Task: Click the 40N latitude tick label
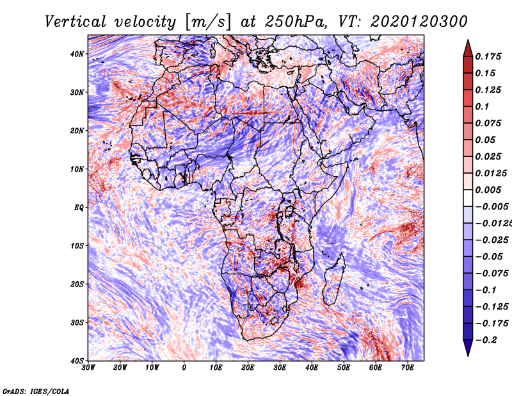(77, 54)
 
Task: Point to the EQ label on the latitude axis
(79, 208)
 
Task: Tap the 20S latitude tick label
(77, 284)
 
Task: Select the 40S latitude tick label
(77, 361)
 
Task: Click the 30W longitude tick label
(88, 368)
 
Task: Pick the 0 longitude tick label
(184, 368)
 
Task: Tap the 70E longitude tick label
(408, 368)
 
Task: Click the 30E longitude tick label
(280, 368)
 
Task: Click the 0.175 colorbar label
(488, 56)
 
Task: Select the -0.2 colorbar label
(486, 340)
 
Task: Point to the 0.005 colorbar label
(488, 190)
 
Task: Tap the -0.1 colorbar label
(486, 290)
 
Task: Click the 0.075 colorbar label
(488, 123)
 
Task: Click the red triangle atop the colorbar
(468, 49)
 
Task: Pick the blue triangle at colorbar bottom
(468, 348)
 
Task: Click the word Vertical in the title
(76, 22)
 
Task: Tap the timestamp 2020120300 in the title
(419, 22)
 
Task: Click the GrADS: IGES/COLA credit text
(36, 391)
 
